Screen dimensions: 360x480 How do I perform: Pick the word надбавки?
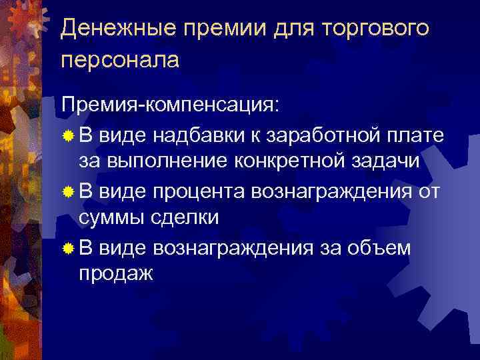coord(197,137)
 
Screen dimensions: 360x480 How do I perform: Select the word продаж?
coord(116,273)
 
